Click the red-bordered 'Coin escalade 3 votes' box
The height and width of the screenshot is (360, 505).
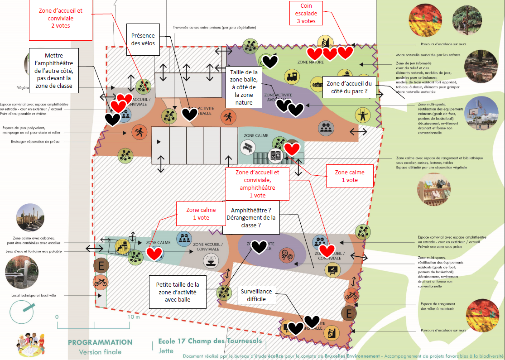coord(309,14)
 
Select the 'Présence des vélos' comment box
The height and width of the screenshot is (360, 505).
coord(143,39)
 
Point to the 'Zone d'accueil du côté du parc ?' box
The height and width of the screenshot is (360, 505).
coord(349,87)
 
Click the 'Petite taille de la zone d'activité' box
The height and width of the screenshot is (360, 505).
coord(178,292)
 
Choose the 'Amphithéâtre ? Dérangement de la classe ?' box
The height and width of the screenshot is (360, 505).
coord(252,218)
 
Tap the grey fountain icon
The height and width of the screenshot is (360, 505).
coord(210,260)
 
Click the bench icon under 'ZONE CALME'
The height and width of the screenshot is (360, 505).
coord(248,147)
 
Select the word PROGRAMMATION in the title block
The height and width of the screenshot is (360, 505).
coord(100,342)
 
